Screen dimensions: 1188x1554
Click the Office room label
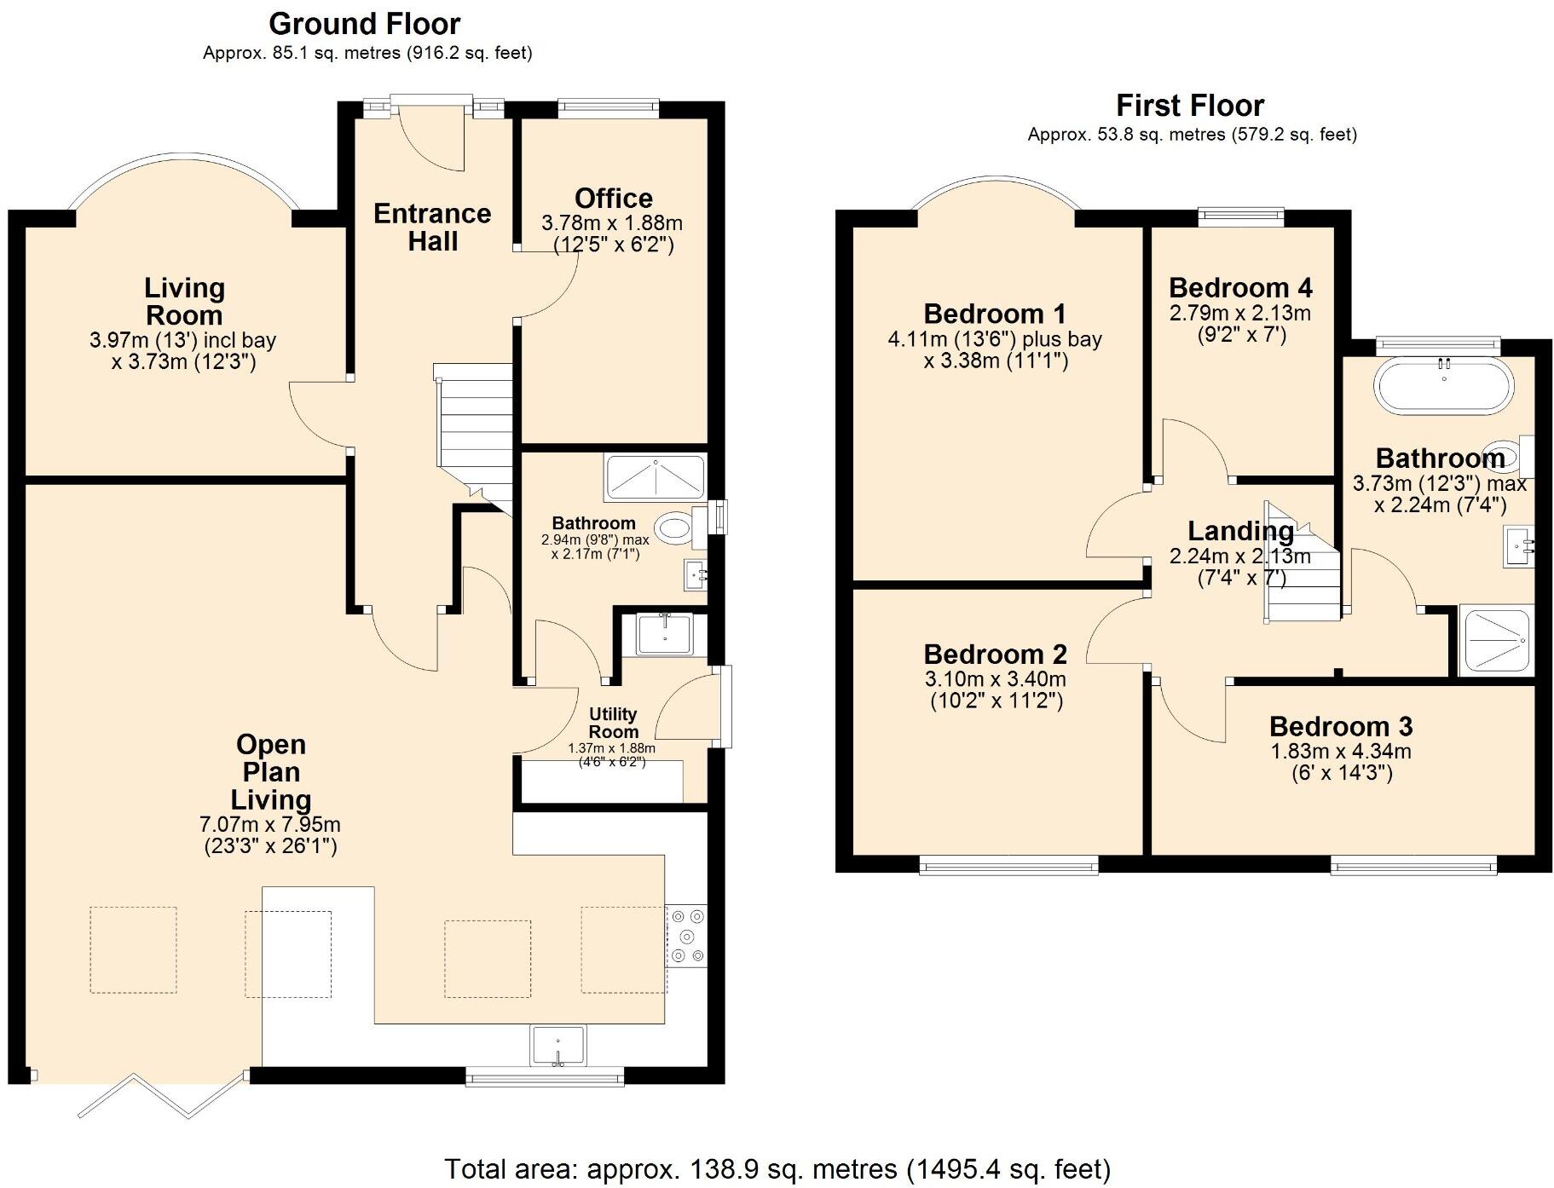pos(613,199)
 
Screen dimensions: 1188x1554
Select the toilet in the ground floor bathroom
pos(675,528)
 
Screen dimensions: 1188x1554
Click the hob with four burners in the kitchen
pos(686,936)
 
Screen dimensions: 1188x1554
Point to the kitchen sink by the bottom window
pos(557,1046)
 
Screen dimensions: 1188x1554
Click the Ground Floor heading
pos(364,24)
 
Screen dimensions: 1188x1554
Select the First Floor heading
pos(1189,106)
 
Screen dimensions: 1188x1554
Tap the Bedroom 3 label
pos(1340,726)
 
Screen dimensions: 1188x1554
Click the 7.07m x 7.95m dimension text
pos(270,825)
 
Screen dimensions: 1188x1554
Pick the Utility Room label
pos(613,723)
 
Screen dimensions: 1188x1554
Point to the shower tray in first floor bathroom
pos(1495,640)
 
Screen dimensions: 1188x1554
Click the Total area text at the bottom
pos(777,1168)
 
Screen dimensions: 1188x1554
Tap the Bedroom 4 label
pos(1239,287)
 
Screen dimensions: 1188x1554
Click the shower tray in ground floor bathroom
pos(655,477)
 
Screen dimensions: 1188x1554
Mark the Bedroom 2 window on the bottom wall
pos(1008,868)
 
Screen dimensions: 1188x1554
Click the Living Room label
pos(184,301)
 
